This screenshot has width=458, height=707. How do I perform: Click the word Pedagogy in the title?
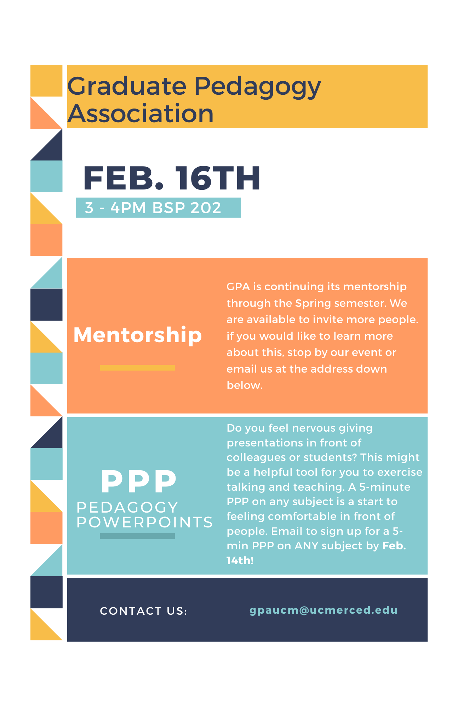click(x=257, y=87)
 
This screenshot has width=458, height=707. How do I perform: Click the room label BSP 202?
click(x=187, y=208)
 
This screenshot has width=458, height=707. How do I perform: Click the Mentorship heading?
click(x=138, y=335)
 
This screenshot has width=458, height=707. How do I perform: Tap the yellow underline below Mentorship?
click(x=137, y=368)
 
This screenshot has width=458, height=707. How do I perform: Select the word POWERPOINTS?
click(x=145, y=522)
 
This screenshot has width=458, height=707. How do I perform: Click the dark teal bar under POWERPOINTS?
click(x=137, y=536)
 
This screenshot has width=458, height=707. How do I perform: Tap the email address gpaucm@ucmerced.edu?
click(x=324, y=610)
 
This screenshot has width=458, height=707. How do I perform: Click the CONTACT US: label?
click(x=144, y=611)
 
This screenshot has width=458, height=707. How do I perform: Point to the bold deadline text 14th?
click(x=240, y=561)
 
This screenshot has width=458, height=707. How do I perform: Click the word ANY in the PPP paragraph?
click(x=307, y=546)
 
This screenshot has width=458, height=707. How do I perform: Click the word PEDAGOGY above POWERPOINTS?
click(x=127, y=507)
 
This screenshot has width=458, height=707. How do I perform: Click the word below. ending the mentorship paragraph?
click(x=245, y=385)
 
